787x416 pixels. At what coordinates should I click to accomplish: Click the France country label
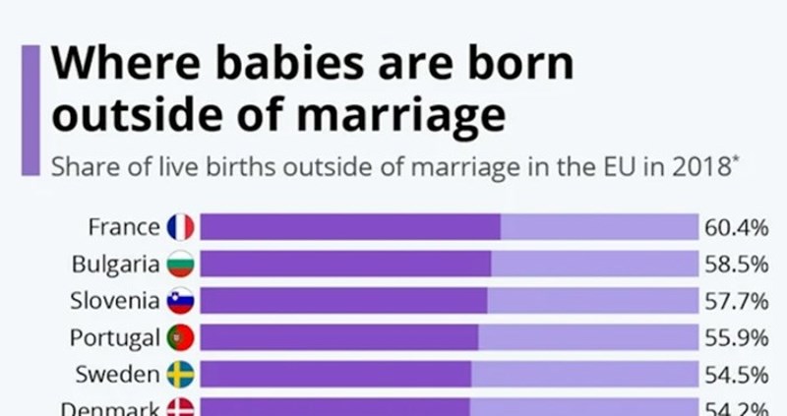[123, 227]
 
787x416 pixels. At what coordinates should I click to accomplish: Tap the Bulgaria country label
[115, 264]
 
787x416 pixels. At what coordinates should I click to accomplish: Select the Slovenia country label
[114, 300]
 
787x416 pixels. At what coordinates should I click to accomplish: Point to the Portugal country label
[114, 337]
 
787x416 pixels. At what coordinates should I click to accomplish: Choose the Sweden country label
[118, 374]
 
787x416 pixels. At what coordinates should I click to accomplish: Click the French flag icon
[180, 227]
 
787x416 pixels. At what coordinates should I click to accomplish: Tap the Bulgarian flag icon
[180, 264]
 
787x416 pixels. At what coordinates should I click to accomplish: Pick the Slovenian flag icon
[180, 301]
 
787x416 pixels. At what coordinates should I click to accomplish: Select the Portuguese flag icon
[180, 337]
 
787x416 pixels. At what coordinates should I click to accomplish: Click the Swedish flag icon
[180, 374]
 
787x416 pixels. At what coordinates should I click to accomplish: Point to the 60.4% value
[735, 228]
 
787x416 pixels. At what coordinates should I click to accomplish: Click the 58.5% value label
[735, 265]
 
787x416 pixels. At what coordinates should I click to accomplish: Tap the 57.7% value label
[735, 301]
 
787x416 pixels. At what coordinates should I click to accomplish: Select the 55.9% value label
[735, 338]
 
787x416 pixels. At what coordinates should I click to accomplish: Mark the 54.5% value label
[735, 375]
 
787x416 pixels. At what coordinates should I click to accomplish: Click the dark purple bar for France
[349, 227]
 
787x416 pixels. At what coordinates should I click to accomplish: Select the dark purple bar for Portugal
[338, 337]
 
